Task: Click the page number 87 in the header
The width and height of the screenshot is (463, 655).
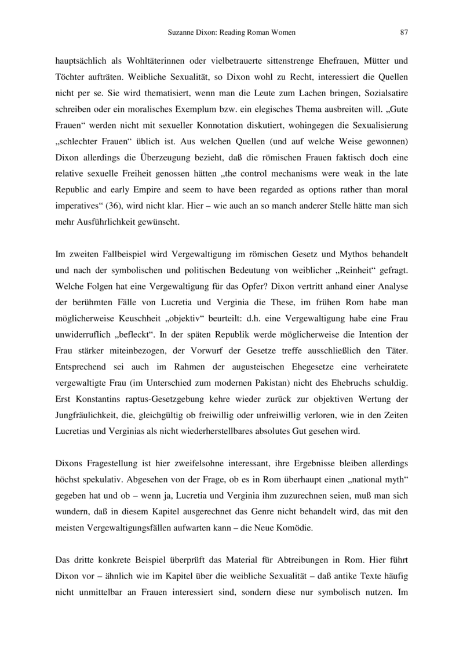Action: point(404,33)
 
